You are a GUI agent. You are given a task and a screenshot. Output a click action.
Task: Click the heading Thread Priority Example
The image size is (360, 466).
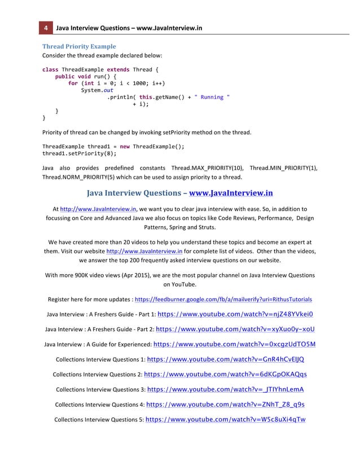pos(80,46)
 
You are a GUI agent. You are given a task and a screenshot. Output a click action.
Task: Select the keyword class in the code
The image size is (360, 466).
pos(50,70)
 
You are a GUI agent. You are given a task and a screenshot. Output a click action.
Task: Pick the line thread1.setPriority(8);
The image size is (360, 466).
pos(79,153)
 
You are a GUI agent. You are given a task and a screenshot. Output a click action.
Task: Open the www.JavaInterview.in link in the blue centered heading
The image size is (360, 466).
pos(231,193)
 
